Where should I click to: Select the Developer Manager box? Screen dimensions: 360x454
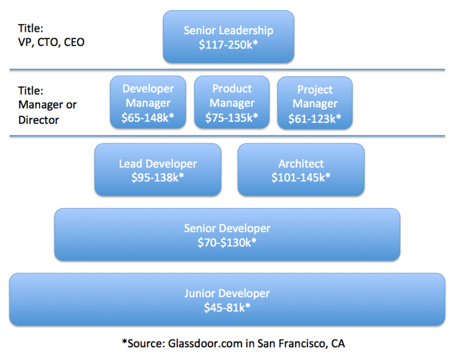coord(148,103)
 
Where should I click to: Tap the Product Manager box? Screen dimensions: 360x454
coord(232,103)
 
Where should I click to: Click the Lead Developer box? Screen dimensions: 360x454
coord(158,170)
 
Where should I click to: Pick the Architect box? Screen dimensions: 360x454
coord(301,170)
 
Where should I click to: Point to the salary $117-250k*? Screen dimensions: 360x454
coord(228,44)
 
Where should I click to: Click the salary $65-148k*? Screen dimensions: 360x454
coord(148,118)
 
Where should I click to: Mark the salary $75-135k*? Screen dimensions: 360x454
coord(232,118)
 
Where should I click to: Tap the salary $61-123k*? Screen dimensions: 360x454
coord(315,118)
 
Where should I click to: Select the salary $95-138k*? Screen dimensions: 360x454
coord(158,178)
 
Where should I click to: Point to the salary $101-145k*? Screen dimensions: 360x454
coord(301,178)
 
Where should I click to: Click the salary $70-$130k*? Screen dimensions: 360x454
coord(227,242)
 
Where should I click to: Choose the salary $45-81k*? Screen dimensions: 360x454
coord(227,307)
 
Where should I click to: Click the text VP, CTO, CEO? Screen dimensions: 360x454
coord(44,43)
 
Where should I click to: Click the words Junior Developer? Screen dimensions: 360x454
coord(227,293)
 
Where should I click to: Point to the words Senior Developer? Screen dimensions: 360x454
coord(227,229)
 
